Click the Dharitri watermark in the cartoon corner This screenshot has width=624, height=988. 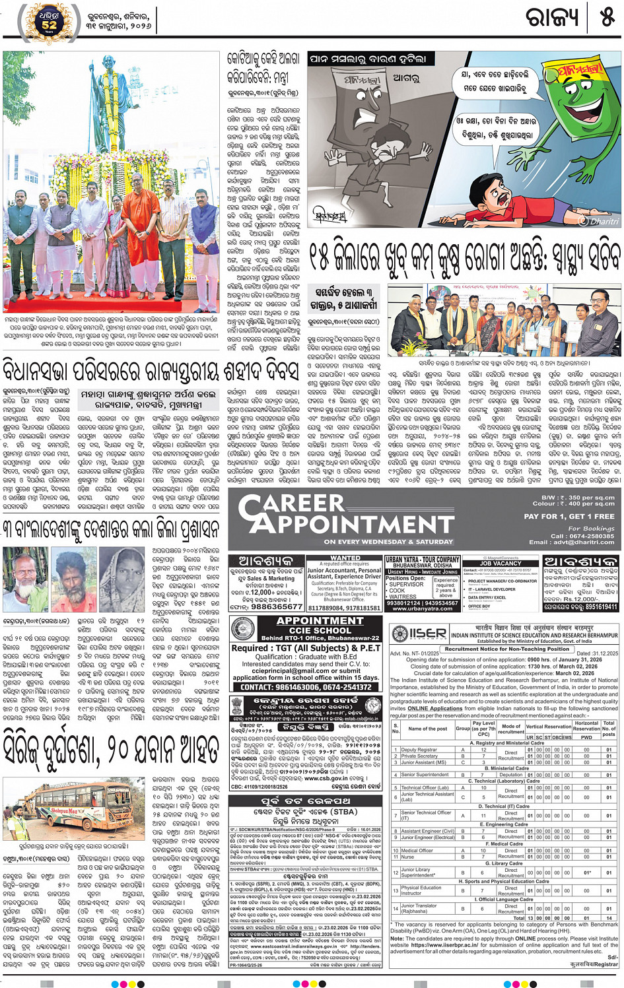click(x=600, y=222)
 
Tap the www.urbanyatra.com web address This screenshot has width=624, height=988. click(x=422, y=609)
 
